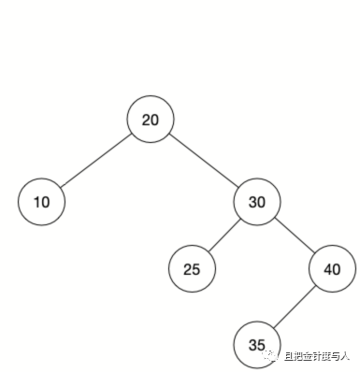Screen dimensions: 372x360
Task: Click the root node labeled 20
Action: click(151, 120)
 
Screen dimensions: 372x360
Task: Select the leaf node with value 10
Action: click(41, 201)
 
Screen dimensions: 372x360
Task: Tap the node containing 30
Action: click(257, 201)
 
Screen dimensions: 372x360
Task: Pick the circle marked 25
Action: click(192, 269)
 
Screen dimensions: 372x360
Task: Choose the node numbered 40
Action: click(332, 269)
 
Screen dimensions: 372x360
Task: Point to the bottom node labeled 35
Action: click(257, 343)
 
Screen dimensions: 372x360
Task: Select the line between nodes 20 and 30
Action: click(204, 161)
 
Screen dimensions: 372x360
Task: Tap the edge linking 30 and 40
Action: click(295, 236)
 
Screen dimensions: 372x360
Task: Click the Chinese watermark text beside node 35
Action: click(318, 356)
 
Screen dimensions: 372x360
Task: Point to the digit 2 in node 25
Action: click(187, 269)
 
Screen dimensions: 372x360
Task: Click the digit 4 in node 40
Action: click(327, 269)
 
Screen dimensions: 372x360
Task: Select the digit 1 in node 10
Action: click(36, 201)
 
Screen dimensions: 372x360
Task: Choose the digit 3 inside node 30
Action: click(252, 201)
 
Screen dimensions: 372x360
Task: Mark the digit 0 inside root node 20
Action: click(155, 120)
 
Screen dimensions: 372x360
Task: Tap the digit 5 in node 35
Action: click(262, 343)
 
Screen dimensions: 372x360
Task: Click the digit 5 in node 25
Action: click(196, 269)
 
